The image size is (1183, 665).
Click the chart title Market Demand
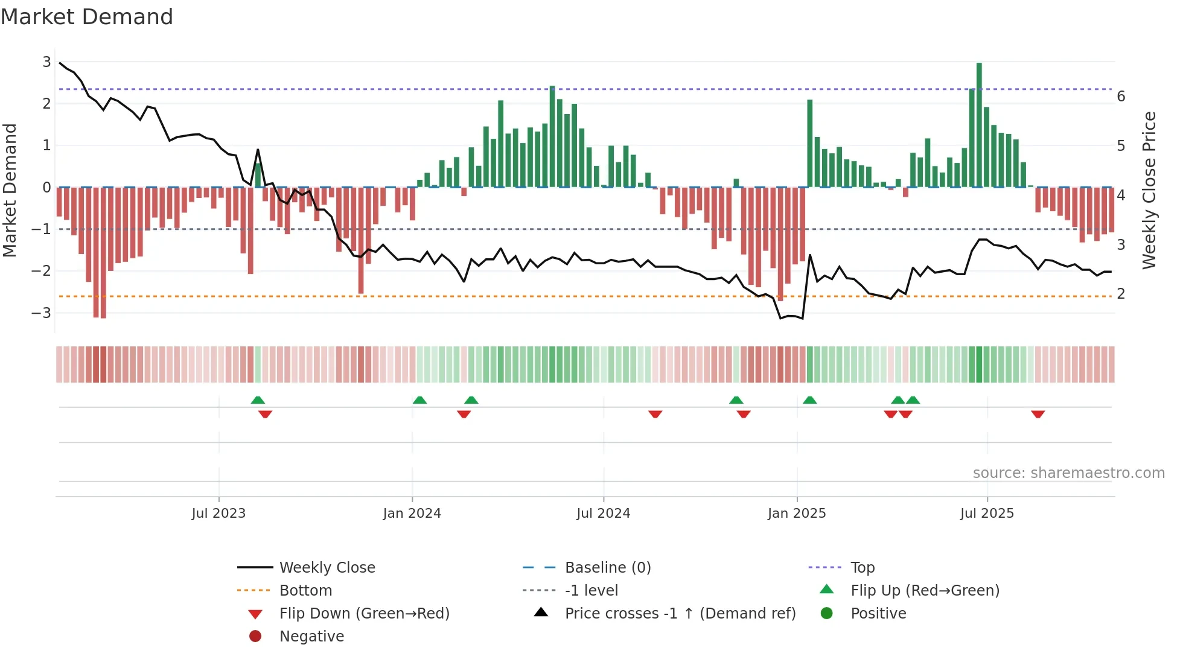point(87,17)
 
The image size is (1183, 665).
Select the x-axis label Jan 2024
point(412,514)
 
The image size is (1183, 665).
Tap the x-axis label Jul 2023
point(218,514)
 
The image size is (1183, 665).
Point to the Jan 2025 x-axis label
point(796,514)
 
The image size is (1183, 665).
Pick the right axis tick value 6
point(1121,97)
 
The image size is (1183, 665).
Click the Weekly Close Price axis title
point(1149,190)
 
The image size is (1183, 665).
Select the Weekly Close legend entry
point(327,568)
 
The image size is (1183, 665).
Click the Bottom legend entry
point(305,591)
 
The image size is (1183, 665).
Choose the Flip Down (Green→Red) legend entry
point(364,614)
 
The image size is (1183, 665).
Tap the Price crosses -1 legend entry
point(680,614)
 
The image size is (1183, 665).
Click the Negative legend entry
point(311,637)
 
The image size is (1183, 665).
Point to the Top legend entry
point(862,568)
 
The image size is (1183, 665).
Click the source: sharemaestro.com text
point(1068,473)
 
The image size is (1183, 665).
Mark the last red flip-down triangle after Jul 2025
point(1038,414)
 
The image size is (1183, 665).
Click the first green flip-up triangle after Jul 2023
point(258,400)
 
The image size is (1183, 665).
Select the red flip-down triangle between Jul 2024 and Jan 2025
point(655,414)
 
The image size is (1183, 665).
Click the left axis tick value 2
point(46,103)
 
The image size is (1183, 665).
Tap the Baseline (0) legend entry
point(607,568)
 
